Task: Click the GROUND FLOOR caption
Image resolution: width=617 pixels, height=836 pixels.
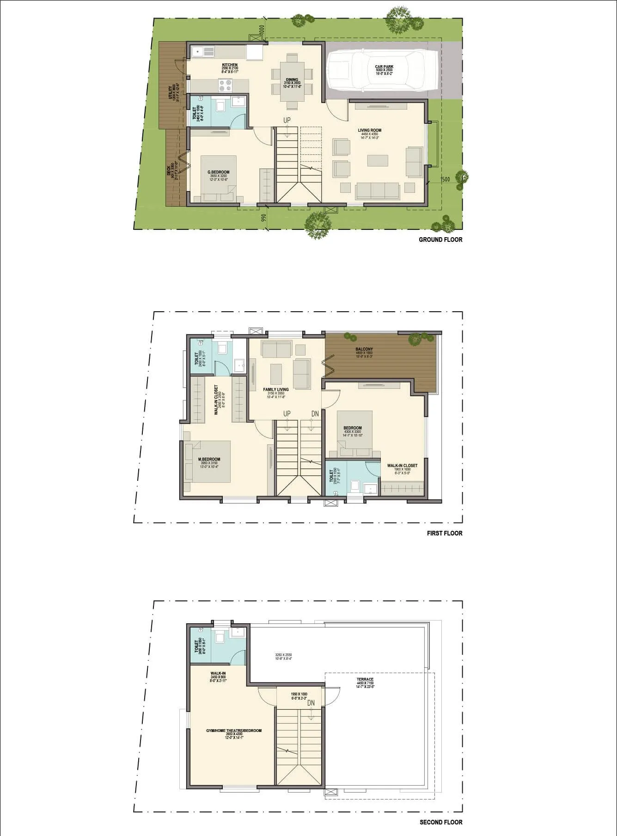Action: (440, 240)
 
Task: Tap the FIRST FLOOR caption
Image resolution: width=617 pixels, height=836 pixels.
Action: (444, 533)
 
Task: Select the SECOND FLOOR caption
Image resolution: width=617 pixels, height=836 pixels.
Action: (440, 822)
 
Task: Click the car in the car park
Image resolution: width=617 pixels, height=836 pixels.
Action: (382, 71)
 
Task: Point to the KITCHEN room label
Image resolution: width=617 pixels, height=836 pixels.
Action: (230, 65)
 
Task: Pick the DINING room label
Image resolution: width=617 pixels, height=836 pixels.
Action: (292, 80)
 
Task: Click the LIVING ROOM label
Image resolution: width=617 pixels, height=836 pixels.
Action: (369, 130)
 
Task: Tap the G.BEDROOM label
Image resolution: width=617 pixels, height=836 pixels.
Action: (218, 172)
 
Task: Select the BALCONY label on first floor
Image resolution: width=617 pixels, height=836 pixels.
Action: (364, 349)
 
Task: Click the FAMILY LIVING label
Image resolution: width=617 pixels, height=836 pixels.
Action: (276, 390)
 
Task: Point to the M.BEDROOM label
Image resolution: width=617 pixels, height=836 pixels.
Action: (209, 459)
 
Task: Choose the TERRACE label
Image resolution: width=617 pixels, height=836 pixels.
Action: (365, 679)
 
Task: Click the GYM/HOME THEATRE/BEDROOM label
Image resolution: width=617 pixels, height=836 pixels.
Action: (234, 731)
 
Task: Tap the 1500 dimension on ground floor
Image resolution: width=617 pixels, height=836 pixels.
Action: (445, 179)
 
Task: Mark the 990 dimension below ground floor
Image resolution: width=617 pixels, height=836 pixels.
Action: (264, 218)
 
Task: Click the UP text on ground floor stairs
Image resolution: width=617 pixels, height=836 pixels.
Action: (287, 120)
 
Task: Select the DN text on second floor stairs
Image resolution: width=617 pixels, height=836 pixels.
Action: (311, 703)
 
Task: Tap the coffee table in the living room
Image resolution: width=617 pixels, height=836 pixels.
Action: (378, 160)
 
